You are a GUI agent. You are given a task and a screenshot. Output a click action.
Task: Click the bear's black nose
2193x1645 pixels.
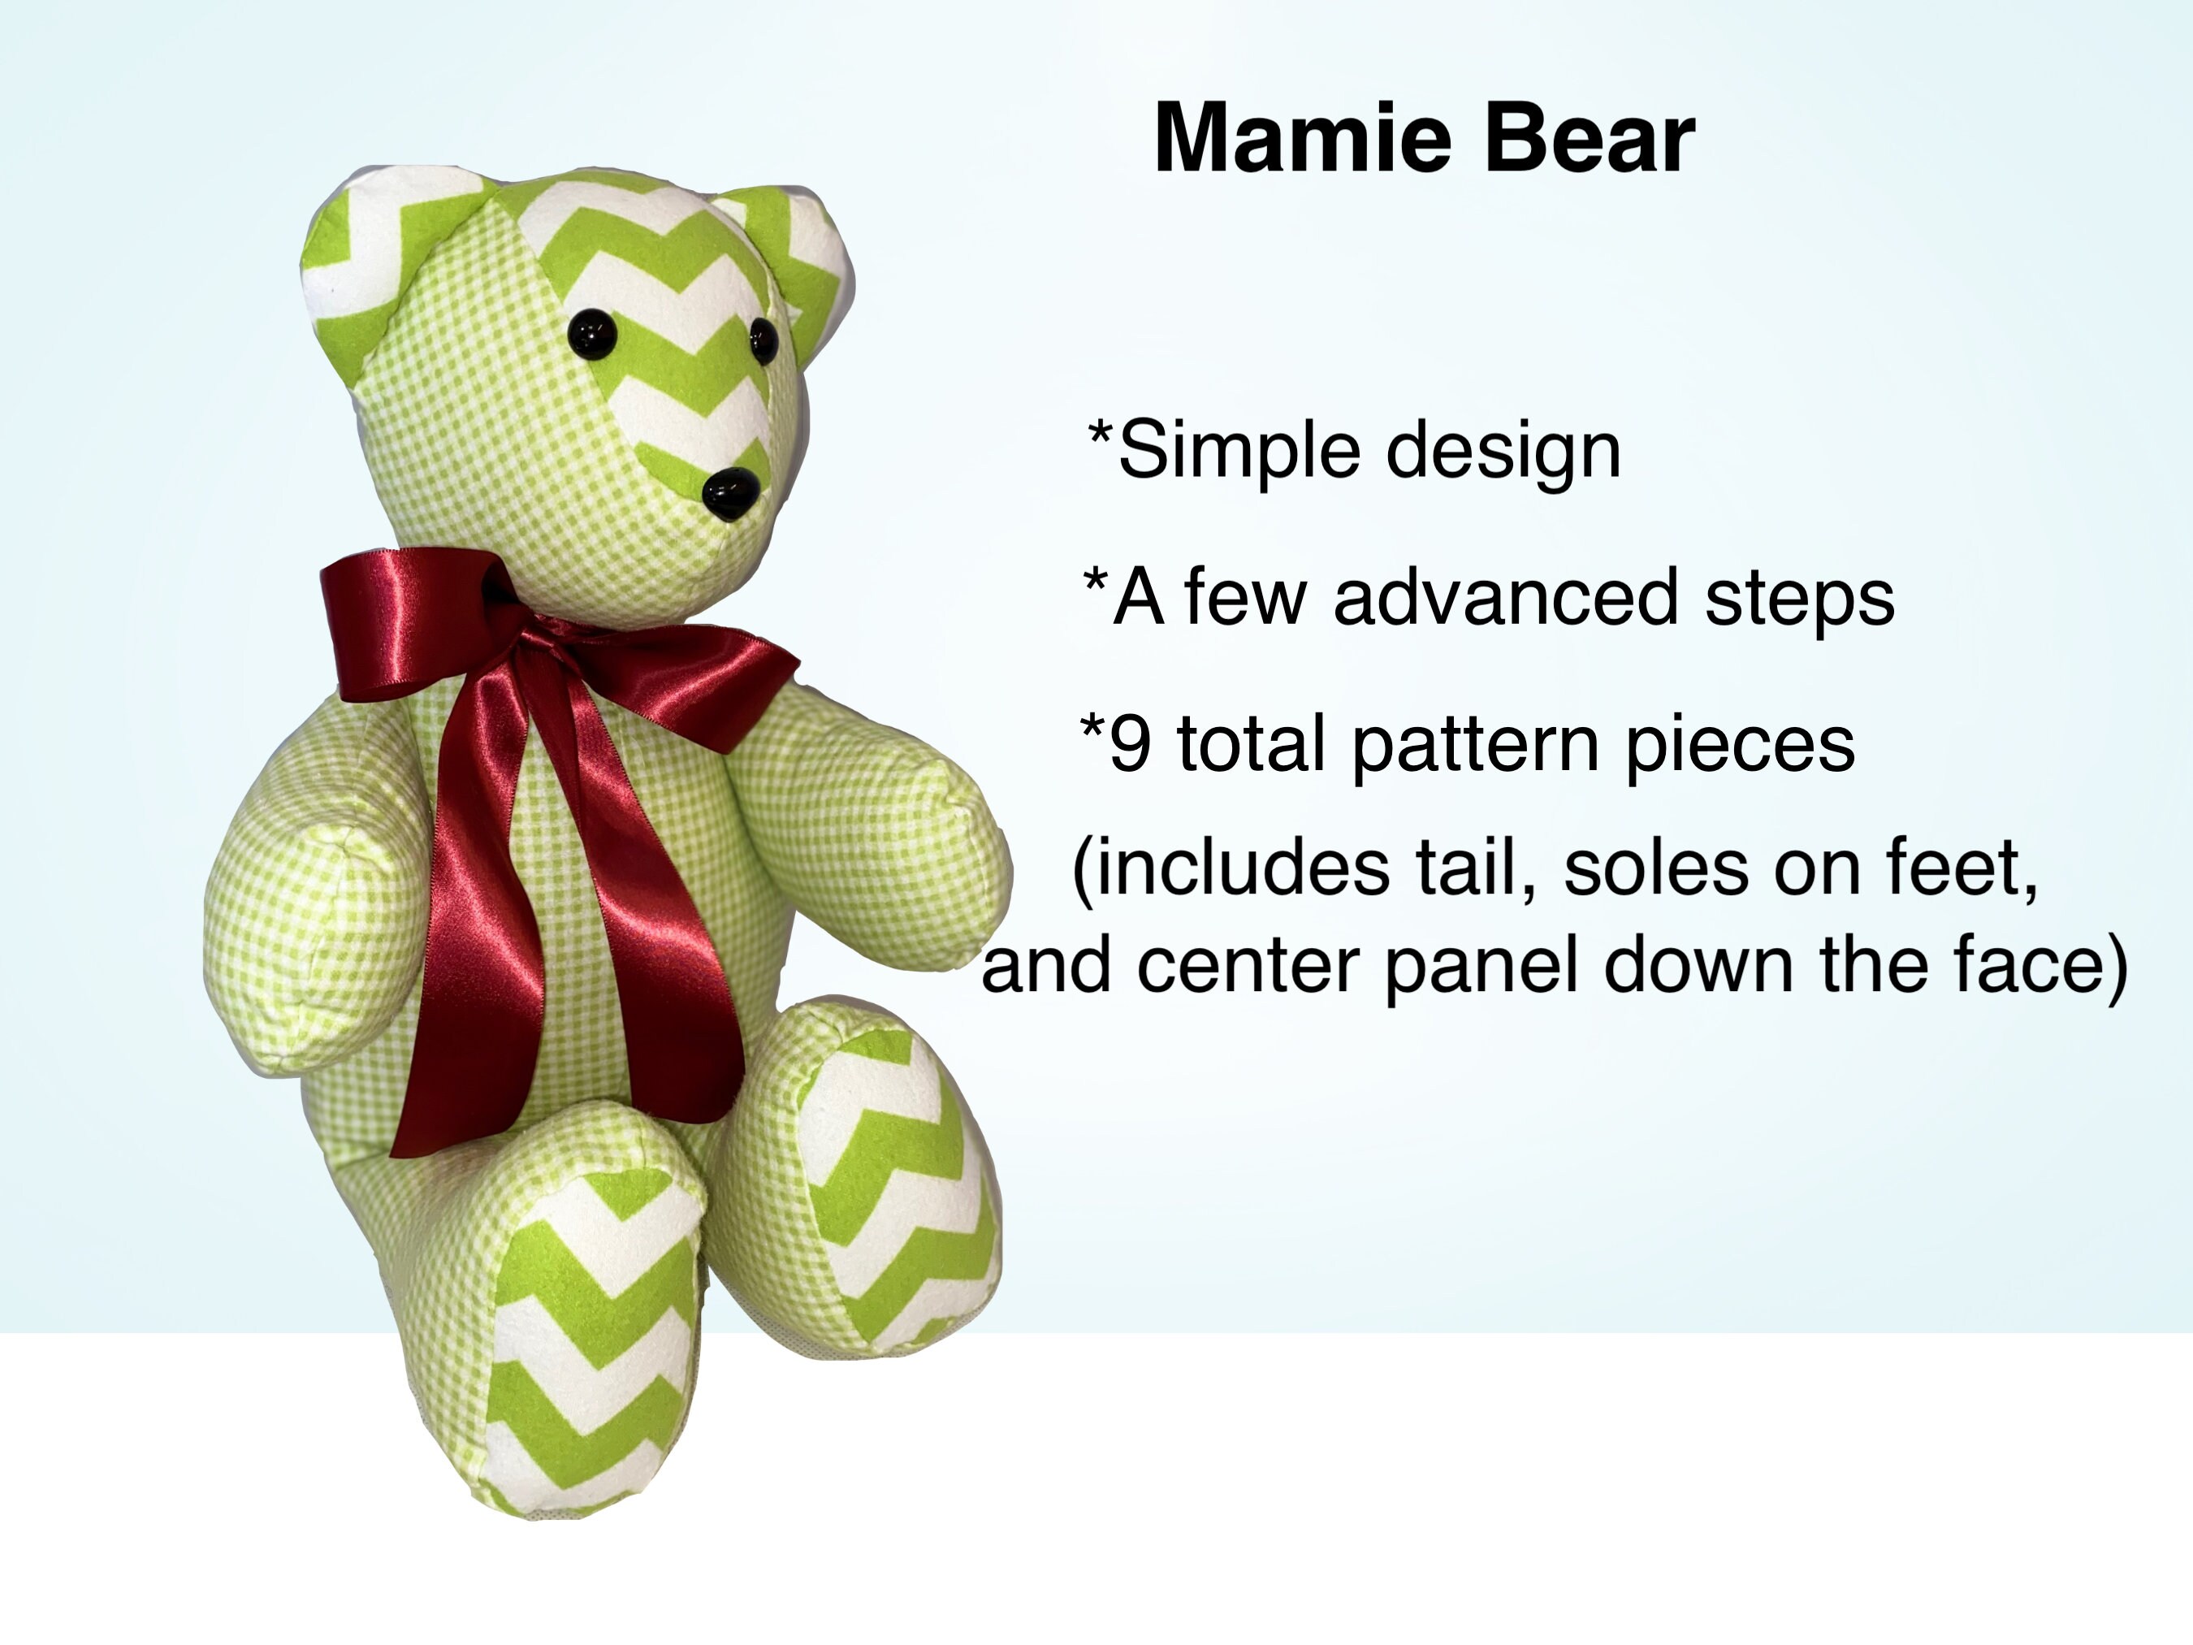[732, 493]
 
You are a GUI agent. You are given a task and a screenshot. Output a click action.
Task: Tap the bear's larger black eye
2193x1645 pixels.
[593, 332]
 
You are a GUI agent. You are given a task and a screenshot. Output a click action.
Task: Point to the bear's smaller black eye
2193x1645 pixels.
[763, 339]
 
